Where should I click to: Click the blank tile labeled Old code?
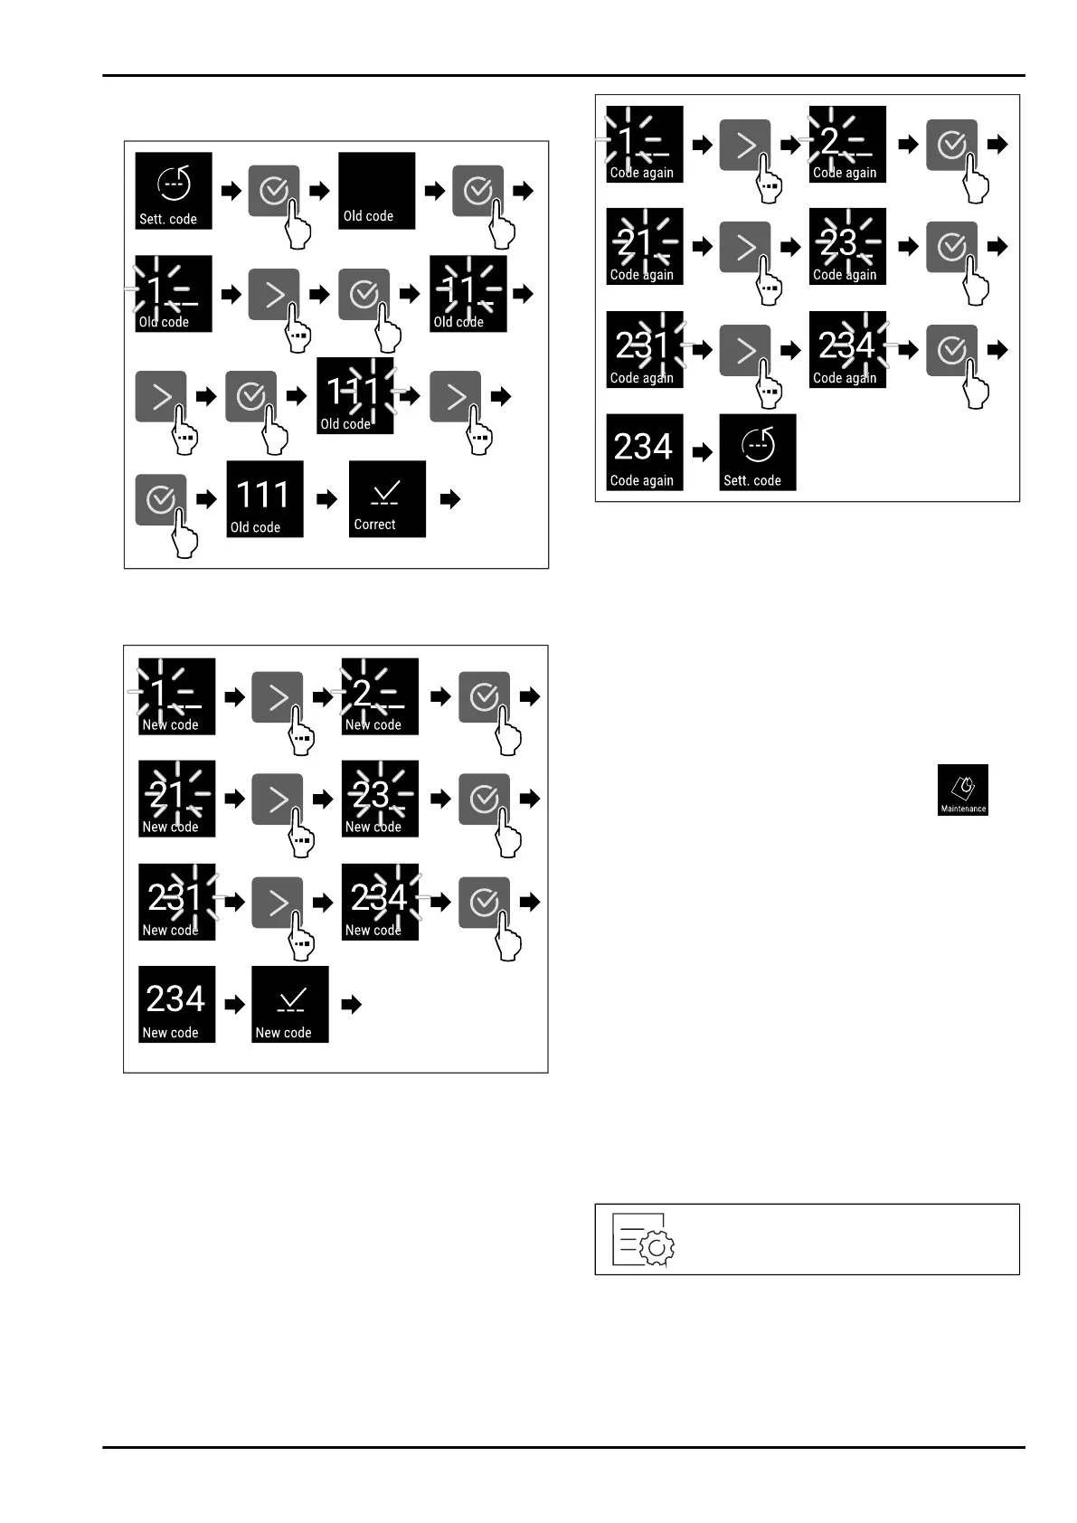click(376, 191)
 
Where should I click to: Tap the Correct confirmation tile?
click(387, 499)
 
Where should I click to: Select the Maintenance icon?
click(962, 790)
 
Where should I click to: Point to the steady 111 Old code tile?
click(264, 499)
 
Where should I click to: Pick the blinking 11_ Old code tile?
click(468, 294)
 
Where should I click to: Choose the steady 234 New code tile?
click(176, 1004)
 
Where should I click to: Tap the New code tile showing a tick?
click(289, 1004)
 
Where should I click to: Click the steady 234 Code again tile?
click(644, 452)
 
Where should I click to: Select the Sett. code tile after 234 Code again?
click(757, 452)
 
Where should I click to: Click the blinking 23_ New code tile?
click(379, 799)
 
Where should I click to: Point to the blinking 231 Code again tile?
click(644, 349)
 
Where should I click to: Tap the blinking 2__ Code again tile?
click(846, 144)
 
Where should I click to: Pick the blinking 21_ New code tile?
click(176, 799)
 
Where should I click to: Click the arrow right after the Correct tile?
click(449, 499)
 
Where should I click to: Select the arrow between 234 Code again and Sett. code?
click(702, 452)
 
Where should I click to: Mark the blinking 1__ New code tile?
click(176, 695)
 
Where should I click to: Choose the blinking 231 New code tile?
click(176, 902)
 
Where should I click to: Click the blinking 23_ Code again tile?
click(846, 246)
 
